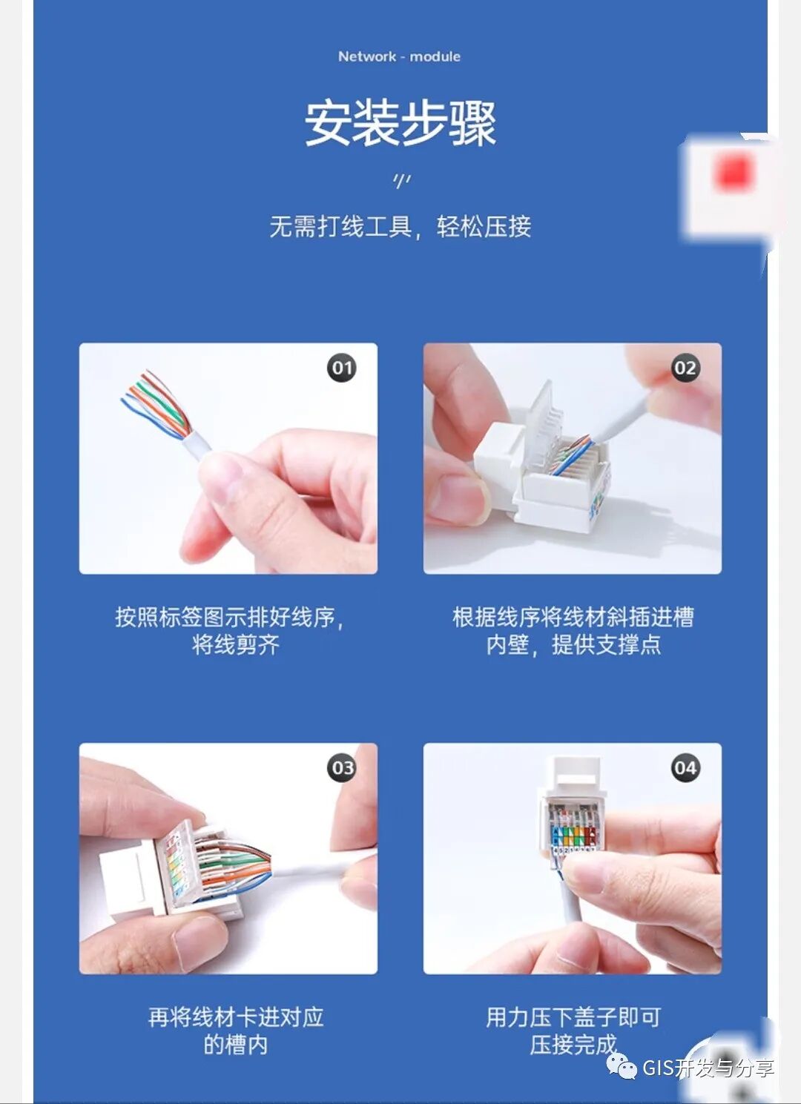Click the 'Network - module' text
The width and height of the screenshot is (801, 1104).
[x=399, y=56]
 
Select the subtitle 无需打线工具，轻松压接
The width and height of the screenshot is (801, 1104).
[x=400, y=227]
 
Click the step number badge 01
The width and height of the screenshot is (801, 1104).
[x=342, y=368]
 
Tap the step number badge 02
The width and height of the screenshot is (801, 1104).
[x=685, y=368]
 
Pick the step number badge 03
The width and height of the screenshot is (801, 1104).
[x=342, y=767]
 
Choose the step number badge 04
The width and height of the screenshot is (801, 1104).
[x=685, y=767]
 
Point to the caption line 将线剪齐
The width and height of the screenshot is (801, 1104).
[x=236, y=644]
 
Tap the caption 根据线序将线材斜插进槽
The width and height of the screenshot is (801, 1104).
[x=573, y=617]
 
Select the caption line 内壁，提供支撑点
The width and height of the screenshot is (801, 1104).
[x=573, y=644]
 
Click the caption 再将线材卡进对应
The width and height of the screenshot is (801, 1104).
[x=236, y=1017]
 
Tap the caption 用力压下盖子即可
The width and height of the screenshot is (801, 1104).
[x=573, y=1017]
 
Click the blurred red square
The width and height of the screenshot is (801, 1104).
[x=734, y=173]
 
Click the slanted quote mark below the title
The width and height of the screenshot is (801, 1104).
[x=401, y=182]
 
